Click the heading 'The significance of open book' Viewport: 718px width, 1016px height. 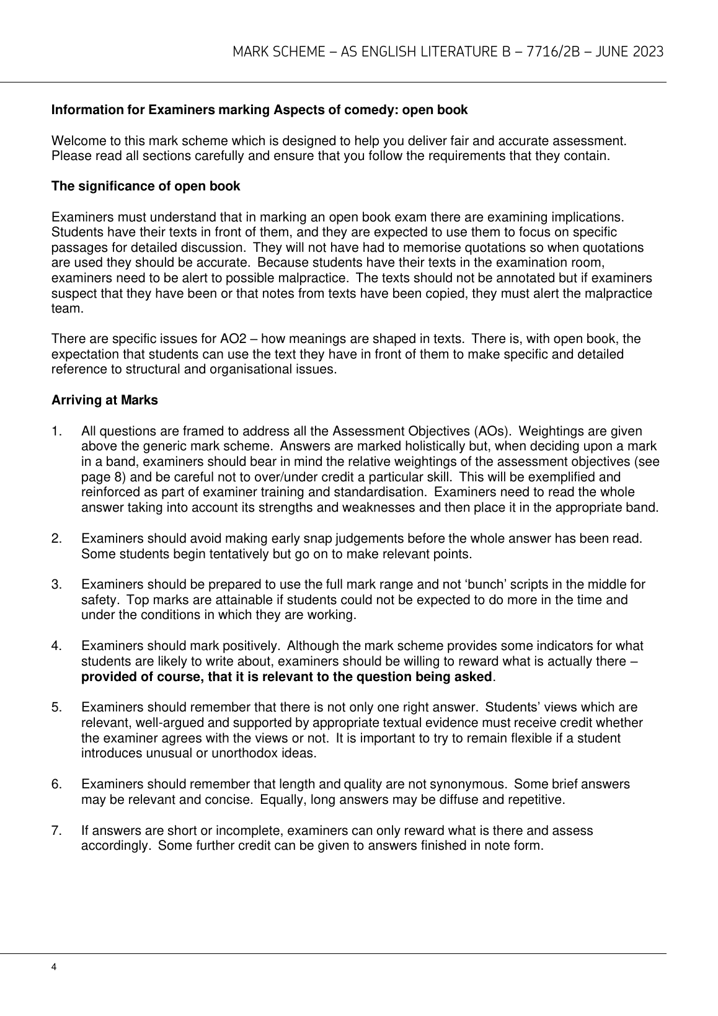tap(146, 186)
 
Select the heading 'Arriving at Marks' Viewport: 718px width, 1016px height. tap(105, 400)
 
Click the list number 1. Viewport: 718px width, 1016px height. tap(55, 431)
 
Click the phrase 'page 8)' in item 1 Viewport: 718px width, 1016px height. tap(101, 477)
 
